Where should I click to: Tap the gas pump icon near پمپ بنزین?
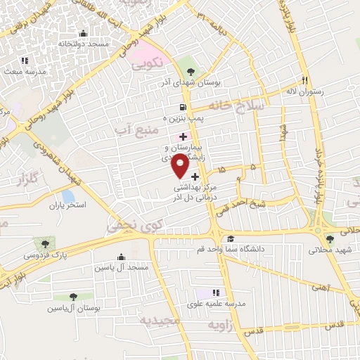(184, 108)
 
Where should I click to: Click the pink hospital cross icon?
(184, 136)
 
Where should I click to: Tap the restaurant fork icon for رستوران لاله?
(304, 79)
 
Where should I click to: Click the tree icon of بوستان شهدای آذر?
(192, 71)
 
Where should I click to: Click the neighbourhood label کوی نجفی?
(124, 224)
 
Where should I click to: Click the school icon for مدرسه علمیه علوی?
(217, 292)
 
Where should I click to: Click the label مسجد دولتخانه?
(84, 44)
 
